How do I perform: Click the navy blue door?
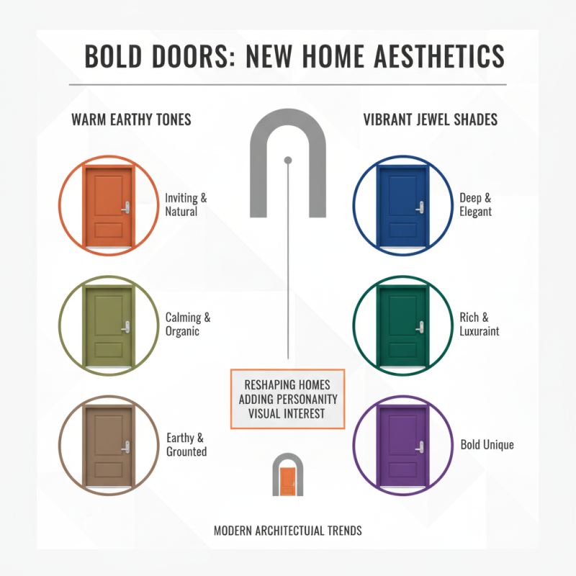(x=402, y=205)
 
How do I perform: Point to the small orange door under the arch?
(x=287, y=481)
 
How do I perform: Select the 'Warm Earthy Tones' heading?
(x=131, y=120)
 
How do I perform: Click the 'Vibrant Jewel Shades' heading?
(x=430, y=120)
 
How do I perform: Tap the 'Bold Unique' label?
(x=487, y=445)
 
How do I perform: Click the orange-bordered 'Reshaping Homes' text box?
(x=287, y=399)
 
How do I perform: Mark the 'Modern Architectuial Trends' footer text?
(x=287, y=531)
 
